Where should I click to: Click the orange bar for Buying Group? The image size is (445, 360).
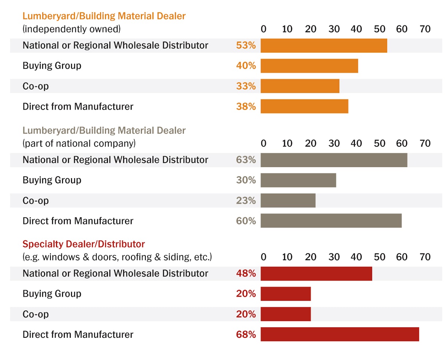tap(309, 66)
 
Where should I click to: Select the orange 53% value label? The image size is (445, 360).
tap(246, 45)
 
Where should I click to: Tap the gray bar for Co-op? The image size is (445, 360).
tap(288, 200)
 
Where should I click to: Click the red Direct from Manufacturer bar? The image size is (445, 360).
tap(340, 334)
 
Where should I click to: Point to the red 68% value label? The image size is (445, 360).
tap(246, 334)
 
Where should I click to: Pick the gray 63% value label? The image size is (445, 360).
tap(246, 160)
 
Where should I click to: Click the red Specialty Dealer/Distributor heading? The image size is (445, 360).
tap(83, 244)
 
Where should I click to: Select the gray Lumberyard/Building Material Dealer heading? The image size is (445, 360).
tap(104, 131)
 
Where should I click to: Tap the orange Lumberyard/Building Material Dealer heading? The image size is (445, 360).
tap(104, 16)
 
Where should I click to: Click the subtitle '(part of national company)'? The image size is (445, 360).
tap(79, 143)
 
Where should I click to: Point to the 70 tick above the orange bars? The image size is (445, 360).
tap(425, 29)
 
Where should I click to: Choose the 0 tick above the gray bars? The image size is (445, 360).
tap(263, 143)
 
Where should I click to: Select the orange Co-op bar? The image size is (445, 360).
tap(300, 86)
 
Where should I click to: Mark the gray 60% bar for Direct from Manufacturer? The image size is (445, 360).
tap(331, 221)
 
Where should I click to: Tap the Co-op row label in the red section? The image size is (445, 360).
tap(36, 314)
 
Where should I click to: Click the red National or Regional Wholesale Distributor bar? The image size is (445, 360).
tap(316, 274)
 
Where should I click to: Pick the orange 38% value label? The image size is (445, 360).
tap(246, 107)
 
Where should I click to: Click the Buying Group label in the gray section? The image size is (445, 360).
tap(52, 180)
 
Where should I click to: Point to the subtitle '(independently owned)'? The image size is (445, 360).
tap(72, 29)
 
